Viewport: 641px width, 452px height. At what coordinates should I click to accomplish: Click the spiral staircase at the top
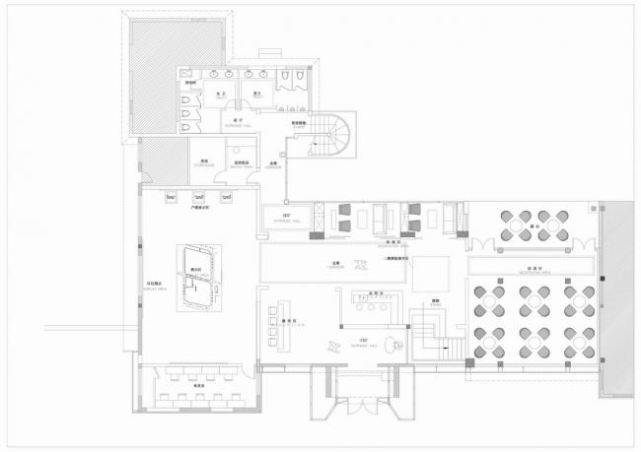[331, 139]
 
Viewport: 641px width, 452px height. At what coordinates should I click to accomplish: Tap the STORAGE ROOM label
[203, 162]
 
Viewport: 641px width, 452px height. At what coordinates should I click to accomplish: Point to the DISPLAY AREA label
[156, 288]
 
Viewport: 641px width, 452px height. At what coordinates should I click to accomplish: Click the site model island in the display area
[198, 280]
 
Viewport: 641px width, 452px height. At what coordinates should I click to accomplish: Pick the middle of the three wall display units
[198, 197]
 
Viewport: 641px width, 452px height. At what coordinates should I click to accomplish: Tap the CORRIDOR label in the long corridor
[335, 266]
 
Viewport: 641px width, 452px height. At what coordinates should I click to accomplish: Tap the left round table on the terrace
[515, 225]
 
